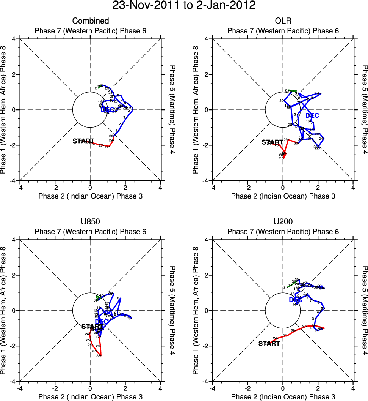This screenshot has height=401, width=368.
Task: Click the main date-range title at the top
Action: (x=184, y=6)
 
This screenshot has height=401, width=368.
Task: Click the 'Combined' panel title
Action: (x=91, y=21)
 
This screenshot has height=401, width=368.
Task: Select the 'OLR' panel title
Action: (x=283, y=21)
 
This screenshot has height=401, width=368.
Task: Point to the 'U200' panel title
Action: (x=283, y=222)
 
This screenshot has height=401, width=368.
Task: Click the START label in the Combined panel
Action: (x=83, y=141)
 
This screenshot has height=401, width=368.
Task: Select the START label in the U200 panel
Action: (x=269, y=344)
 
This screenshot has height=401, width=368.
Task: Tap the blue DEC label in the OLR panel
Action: (x=313, y=115)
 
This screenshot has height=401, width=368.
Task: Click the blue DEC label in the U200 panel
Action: (x=296, y=300)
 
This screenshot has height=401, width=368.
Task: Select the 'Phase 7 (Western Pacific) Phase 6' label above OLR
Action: (x=283, y=31)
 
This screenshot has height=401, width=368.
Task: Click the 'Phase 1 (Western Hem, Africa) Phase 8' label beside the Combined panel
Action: (x=4, y=110)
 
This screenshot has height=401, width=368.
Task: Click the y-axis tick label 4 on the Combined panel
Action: (x=14, y=39)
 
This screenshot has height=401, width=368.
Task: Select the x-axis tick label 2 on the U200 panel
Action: (x=318, y=388)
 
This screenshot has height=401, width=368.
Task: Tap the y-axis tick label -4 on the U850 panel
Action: (x=12, y=381)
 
